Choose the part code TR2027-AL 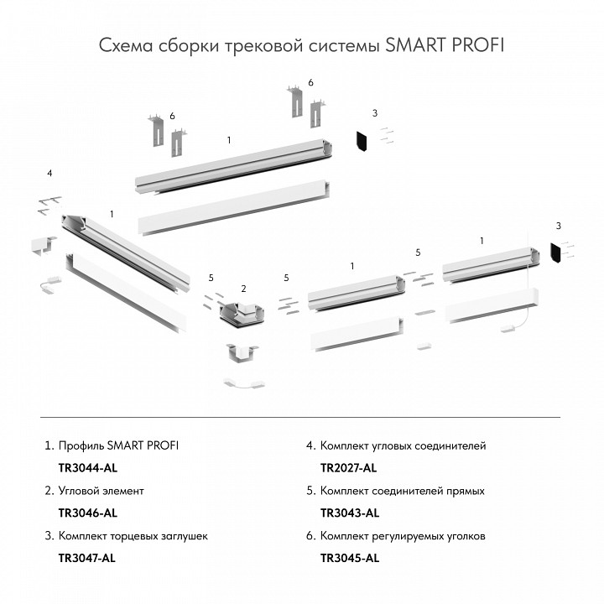(x=349, y=467)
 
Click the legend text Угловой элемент (x=101, y=490)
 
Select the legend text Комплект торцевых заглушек (x=133, y=535)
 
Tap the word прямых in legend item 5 (x=465, y=490)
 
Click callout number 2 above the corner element (x=243, y=289)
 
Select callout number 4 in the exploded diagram (x=49, y=173)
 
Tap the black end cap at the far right (x=555, y=253)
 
